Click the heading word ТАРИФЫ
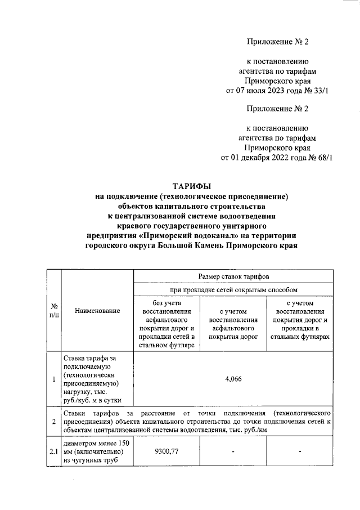point(191,186)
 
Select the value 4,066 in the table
point(233,379)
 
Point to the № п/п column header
point(53,311)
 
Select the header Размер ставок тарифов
point(233,277)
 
